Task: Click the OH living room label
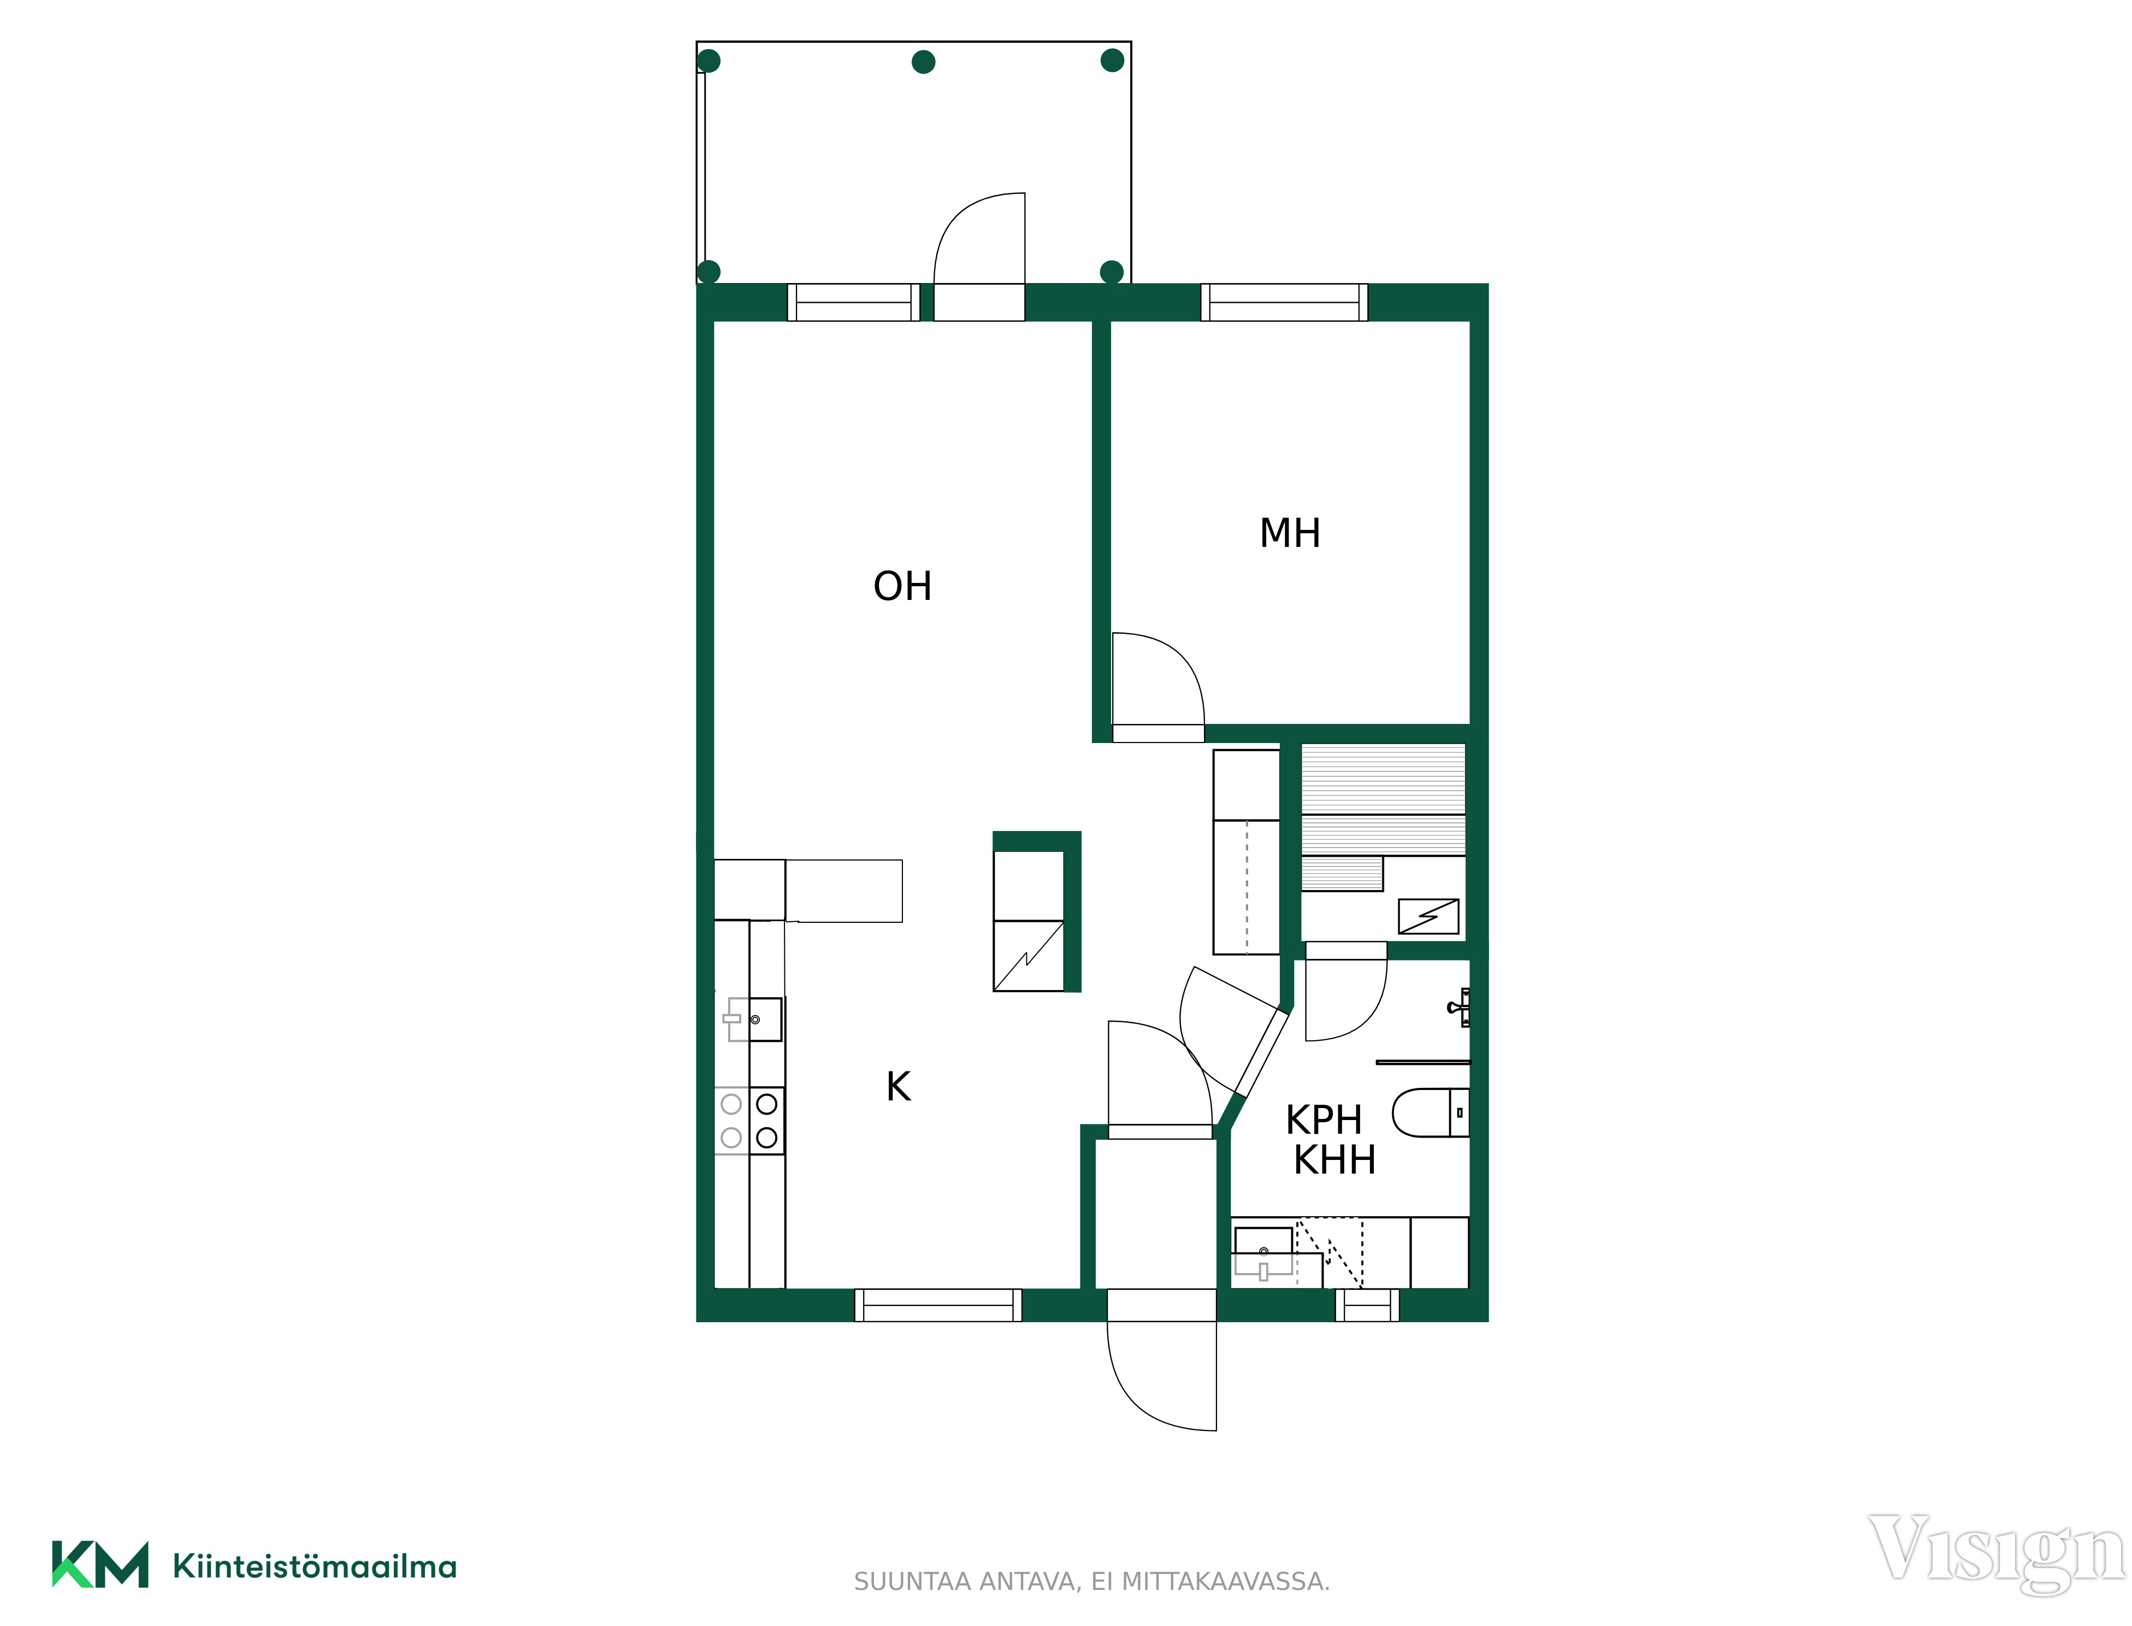pyautogui.click(x=902, y=586)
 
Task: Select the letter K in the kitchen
pyautogui.click(x=898, y=1086)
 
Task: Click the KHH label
pyautogui.click(x=1334, y=1159)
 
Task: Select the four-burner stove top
pyautogui.click(x=749, y=1121)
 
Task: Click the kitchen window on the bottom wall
pyautogui.click(x=938, y=1305)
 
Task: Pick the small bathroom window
pyautogui.click(x=1367, y=1305)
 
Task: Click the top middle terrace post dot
pyautogui.click(x=923, y=62)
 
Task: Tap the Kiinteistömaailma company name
pyautogui.click(x=315, y=1566)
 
